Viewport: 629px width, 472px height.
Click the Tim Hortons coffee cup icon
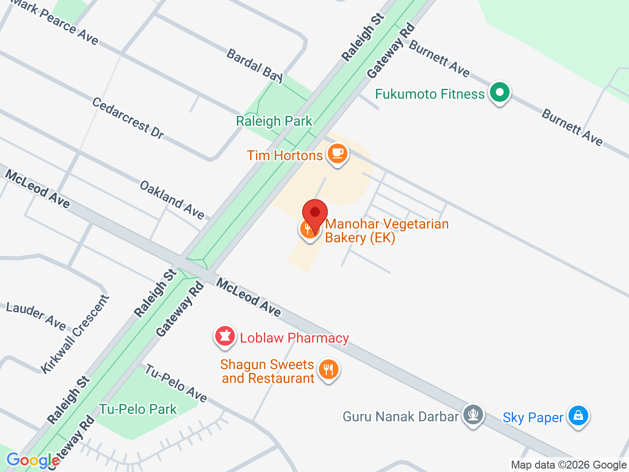pyautogui.click(x=337, y=153)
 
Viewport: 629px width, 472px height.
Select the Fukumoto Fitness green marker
pyautogui.click(x=500, y=92)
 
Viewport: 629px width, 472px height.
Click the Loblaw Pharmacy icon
pyautogui.click(x=225, y=336)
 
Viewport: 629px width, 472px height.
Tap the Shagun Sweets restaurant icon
pyautogui.click(x=328, y=369)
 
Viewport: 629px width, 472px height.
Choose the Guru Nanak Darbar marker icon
pyautogui.click(x=473, y=414)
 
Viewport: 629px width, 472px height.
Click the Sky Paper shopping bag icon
pyautogui.click(x=578, y=415)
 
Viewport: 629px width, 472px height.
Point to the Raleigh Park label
pyautogui.click(x=274, y=121)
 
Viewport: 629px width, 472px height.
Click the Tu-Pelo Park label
pyautogui.click(x=138, y=409)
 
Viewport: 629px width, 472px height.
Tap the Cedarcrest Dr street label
pyautogui.click(x=128, y=118)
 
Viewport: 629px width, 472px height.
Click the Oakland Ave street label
pyautogui.click(x=172, y=199)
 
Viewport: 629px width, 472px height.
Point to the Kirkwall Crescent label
pyautogui.click(x=75, y=334)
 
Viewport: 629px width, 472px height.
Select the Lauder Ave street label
pyautogui.click(x=36, y=316)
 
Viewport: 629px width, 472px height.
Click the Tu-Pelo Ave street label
pyautogui.click(x=175, y=383)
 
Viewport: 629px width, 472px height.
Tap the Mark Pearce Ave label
pyautogui.click(x=54, y=21)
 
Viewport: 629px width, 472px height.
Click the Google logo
pyautogui.click(x=33, y=461)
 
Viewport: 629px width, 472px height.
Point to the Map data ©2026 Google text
pyautogui.click(x=569, y=465)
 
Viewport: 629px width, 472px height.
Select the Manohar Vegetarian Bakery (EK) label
pyautogui.click(x=387, y=231)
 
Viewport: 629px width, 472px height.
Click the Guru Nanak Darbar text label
pyautogui.click(x=400, y=417)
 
